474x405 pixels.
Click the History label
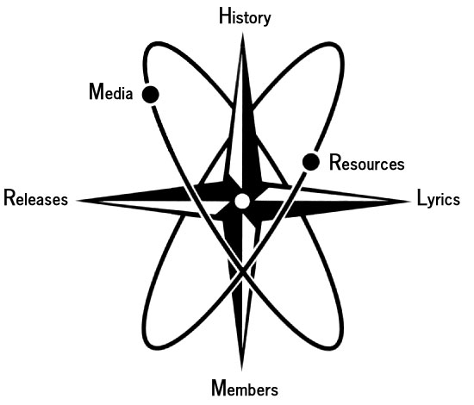[245, 17]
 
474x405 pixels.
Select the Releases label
[35, 198]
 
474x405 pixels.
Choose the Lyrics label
[439, 199]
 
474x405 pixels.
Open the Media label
[111, 91]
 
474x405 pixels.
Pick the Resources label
[366, 163]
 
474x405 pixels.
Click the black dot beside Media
[151, 94]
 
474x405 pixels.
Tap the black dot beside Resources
[311, 162]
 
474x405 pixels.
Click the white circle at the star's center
[242, 202]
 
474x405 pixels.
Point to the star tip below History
[242, 33]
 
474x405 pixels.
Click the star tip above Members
[241, 371]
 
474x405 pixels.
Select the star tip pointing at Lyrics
[409, 202]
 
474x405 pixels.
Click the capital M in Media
[97, 91]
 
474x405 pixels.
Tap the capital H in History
[225, 16]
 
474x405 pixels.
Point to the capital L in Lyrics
[421, 197]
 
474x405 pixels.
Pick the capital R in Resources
[334, 162]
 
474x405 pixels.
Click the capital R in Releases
[9, 198]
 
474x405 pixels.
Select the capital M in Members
[219, 388]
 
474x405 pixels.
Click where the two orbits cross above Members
[242, 272]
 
